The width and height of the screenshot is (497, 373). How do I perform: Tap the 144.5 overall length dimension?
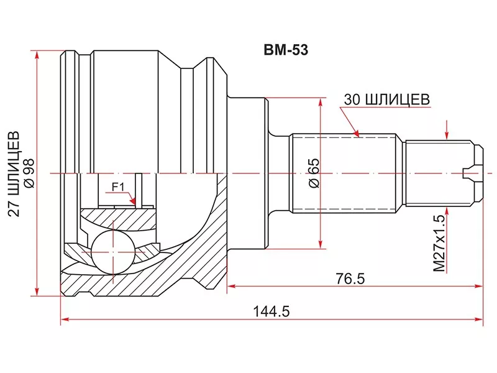(x=271, y=311)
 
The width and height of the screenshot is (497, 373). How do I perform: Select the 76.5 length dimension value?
(x=350, y=278)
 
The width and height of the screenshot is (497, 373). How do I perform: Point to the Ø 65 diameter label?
(x=312, y=173)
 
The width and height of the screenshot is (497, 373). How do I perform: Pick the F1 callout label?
(x=118, y=186)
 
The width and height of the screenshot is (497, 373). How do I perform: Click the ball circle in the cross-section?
(x=112, y=251)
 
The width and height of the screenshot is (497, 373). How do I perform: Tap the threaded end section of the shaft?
(x=439, y=173)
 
